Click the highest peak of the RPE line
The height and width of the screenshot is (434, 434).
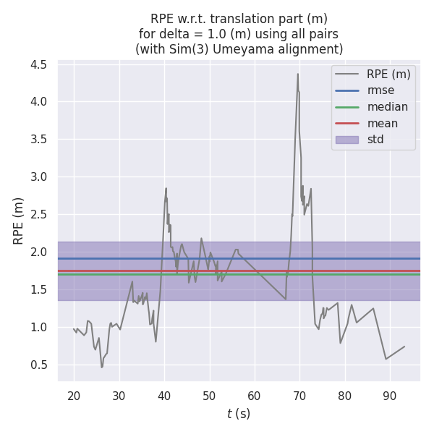coord(297,74)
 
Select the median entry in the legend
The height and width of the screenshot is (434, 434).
coord(388,107)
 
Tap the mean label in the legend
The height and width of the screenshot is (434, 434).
coord(383,123)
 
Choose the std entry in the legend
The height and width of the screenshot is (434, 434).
coord(375,140)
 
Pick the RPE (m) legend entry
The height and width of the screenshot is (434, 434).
coord(388,74)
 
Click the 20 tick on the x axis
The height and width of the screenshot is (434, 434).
coord(73,395)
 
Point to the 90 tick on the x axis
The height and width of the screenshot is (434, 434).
coord(390,395)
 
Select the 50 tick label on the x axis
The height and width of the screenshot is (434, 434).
coord(209,395)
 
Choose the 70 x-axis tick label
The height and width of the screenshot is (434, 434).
coord(299,395)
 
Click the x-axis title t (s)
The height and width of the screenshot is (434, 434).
coord(239,414)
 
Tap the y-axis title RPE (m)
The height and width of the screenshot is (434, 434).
coord(19,221)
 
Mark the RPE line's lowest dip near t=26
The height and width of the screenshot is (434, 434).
coord(102,367)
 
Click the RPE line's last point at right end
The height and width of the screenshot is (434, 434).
coord(404,346)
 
